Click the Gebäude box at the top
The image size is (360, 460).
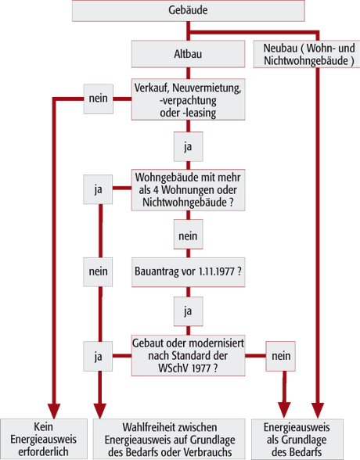tap(188, 11)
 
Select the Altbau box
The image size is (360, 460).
tap(188, 54)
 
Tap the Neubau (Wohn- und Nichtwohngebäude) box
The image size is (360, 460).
tap(307, 54)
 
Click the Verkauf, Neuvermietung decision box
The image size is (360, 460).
tap(188, 99)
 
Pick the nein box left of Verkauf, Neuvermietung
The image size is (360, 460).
tap(99, 99)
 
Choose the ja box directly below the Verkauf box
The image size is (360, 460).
tap(188, 147)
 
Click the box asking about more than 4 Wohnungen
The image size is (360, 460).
tap(188, 190)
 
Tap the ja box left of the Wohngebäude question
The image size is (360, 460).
tap(98, 189)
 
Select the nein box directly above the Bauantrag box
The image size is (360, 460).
tap(188, 235)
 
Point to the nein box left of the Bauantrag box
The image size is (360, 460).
tap(98, 272)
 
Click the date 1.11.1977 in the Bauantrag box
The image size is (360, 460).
tap(216, 271)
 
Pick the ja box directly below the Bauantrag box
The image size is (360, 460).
tap(188, 311)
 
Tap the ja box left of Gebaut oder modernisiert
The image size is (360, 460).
tap(98, 357)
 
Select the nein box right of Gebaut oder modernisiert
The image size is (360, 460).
tap(280, 356)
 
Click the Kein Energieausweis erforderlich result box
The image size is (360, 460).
tap(43, 439)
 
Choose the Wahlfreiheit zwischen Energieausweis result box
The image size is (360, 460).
tap(169, 439)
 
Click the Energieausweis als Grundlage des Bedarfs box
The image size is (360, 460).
tap(297, 439)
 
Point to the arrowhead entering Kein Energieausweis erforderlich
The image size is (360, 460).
tap(54, 411)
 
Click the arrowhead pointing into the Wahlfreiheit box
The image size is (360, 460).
tap(99, 411)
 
